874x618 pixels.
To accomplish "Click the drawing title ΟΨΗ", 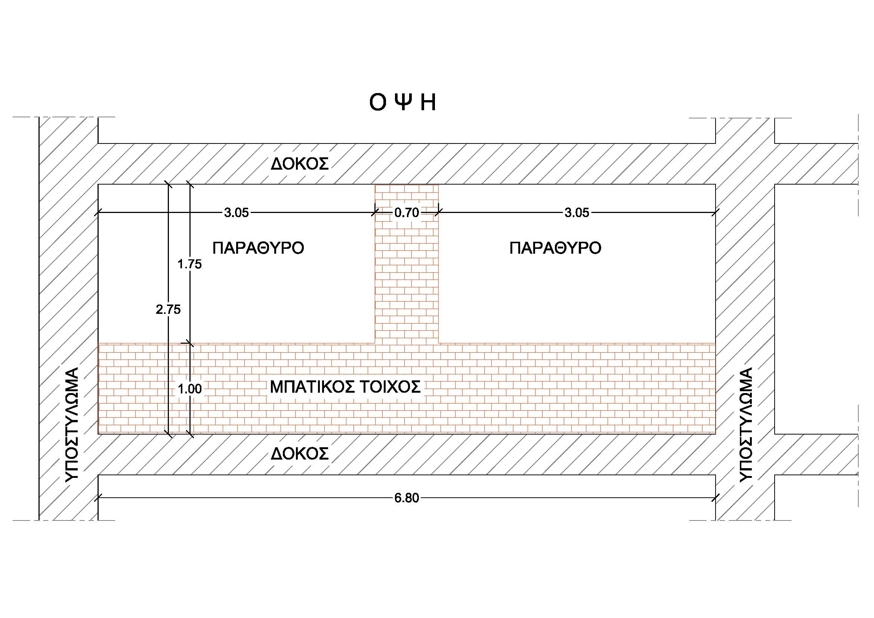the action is coord(402,102).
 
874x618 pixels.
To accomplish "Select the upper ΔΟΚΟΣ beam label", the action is coord(300,164).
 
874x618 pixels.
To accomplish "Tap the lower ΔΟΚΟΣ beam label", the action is coord(300,454).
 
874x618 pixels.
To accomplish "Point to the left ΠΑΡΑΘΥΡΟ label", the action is coord(259,248).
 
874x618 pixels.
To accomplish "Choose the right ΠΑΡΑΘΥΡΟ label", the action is coord(555,248).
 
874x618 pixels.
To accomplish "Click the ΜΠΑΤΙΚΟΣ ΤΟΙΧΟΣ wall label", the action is coord(345,387).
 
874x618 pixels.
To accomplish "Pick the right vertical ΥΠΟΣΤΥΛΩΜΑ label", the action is coord(746,424).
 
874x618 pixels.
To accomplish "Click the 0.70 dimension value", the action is coord(407,213).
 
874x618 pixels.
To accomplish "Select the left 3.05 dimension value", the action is coord(237,213).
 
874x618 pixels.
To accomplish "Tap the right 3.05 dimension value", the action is coord(577,213).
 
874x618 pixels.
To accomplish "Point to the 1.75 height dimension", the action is coord(189,264).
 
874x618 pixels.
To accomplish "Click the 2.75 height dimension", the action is coord(168,310).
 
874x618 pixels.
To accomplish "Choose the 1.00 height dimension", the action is coord(189,389).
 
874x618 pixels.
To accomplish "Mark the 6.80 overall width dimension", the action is coord(407,498).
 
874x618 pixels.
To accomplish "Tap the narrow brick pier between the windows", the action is coord(407,264).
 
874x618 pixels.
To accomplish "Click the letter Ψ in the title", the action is coord(402,102).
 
